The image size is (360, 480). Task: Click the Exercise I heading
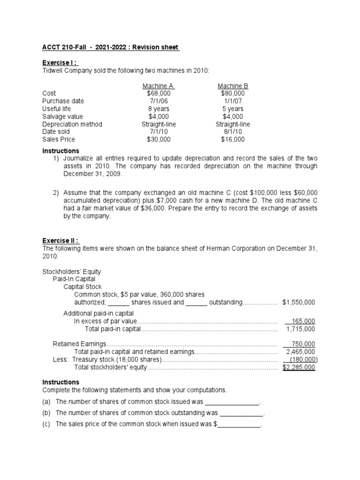60,63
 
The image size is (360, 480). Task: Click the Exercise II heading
61,240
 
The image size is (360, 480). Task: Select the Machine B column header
233,86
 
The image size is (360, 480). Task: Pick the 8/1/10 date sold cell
233,132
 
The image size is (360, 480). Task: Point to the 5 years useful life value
233,109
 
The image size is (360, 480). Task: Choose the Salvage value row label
62,116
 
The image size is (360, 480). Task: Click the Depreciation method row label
72,124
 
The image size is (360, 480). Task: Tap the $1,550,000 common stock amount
299,302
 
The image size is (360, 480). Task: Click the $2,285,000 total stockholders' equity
299,367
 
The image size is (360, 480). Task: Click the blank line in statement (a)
232,402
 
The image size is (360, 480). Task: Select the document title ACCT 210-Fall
111,47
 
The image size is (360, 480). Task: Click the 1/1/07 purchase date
233,101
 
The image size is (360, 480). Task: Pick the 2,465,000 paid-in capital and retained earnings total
300,352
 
